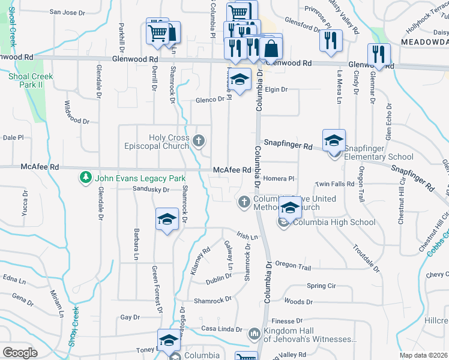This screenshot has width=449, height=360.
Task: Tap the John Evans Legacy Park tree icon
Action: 86,178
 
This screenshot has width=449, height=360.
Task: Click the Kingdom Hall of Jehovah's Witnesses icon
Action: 254,332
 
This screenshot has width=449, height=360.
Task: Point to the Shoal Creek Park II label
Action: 31,80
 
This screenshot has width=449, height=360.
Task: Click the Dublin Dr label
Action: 220,277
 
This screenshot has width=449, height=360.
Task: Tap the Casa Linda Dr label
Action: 221,329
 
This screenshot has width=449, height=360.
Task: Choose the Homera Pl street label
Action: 283,179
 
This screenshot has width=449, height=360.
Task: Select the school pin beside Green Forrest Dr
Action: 167,220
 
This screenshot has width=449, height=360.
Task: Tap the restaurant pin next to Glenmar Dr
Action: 379,55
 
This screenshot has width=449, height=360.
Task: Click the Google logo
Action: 20,352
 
